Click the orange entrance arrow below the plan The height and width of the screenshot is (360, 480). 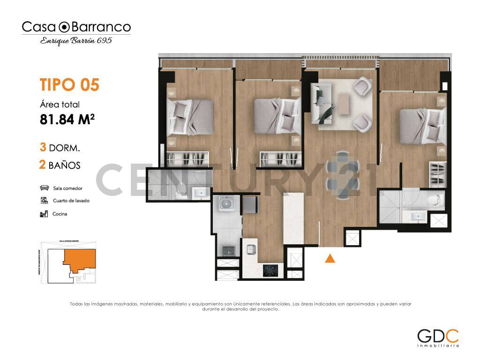(x=330, y=258)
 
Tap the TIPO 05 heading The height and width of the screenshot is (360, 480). (x=69, y=85)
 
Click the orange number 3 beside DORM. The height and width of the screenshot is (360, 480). (x=43, y=148)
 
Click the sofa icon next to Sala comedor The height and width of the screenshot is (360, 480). (x=45, y=188)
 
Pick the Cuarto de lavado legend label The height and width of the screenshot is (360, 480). (x=71, y=201)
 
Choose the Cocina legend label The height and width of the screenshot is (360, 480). (x=60, y=214)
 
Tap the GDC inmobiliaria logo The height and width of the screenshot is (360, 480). (x=438, y=337)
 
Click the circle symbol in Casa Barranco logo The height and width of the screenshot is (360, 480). (x=65, y=27)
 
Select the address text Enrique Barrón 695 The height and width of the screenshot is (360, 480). (x=76, y=41)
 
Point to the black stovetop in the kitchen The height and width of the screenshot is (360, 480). (x=270, y=270)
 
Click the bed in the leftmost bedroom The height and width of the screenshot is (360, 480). (x=190, y=116)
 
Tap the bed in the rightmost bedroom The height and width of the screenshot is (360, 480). (x=421, y=126)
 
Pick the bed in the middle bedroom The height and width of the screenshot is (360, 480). (x=277, y=115)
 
